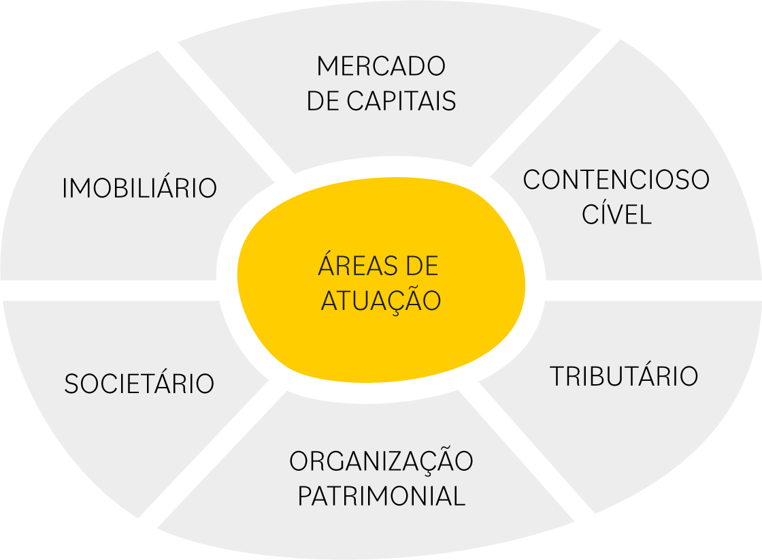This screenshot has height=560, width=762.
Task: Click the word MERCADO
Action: (381, 67)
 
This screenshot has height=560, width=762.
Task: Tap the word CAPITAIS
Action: (401, 102)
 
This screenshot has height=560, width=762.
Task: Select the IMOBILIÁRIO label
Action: (139, 189)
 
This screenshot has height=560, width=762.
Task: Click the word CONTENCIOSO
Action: (616, 180)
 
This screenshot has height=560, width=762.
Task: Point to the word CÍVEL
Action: (616, 215)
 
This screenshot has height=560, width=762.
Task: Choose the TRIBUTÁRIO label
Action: (624, 376)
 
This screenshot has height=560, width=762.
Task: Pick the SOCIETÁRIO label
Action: (139, 384)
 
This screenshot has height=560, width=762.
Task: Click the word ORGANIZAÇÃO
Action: (381, 461)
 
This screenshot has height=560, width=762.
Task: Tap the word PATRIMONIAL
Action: (381, 496)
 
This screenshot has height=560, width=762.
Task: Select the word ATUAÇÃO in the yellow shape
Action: (381, 300)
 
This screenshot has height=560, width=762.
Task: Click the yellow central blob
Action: (381, 341)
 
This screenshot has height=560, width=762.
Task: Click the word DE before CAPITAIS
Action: (324, 102)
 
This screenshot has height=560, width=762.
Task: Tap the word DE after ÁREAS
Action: (422, 265)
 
